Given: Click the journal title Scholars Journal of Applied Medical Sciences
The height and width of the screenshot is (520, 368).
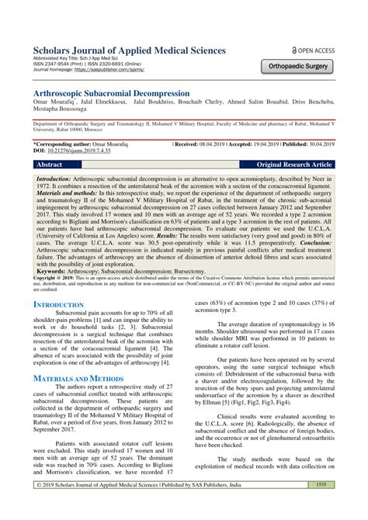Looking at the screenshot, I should click(129, 50).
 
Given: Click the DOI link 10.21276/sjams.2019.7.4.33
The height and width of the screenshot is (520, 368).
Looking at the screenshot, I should click(82, 151).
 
